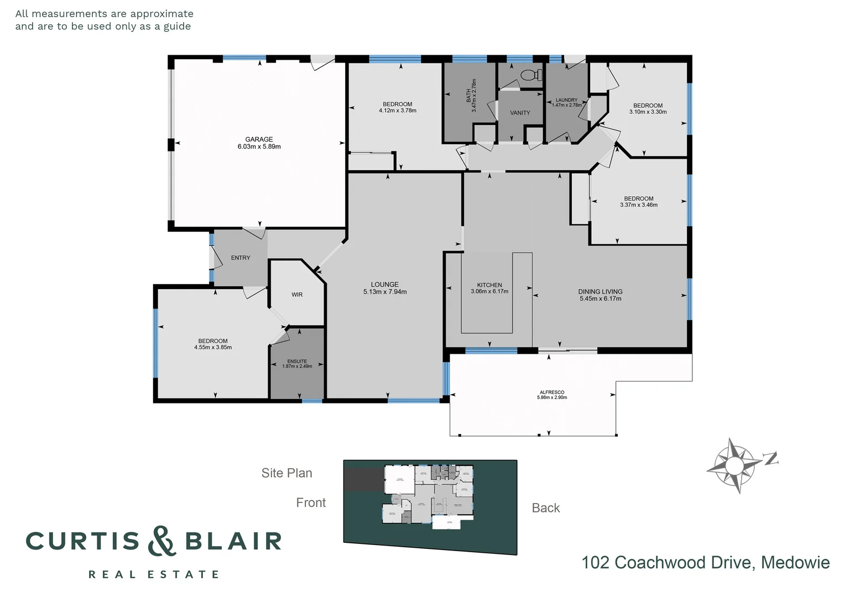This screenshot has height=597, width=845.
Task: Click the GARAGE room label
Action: (259, 139)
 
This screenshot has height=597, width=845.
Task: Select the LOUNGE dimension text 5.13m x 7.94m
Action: (384, 292)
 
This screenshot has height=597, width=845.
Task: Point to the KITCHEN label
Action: (489, 285)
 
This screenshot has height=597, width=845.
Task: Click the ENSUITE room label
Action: (297, 362)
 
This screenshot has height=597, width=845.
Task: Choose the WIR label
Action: (297, 295)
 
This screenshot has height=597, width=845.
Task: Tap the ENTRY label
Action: (241, 258)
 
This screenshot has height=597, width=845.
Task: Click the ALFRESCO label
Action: (551, 392)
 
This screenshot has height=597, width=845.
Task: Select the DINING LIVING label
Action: (600, 291)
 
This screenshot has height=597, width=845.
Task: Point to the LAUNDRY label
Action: (566, 100)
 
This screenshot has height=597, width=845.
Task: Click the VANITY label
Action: (520, 113)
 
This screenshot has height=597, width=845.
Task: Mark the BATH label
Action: (468, 96)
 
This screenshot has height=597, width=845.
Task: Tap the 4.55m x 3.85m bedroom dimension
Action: (213, 348)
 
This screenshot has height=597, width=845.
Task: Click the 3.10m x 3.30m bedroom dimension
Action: (648, 112)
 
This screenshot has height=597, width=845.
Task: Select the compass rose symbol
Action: (734, 464)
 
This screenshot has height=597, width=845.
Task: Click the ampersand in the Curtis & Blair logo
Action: (162, 541)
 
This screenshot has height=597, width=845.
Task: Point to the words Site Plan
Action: (286, 473)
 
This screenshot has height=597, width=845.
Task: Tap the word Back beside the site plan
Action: (545, 508)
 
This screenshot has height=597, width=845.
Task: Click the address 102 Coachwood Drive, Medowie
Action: (705, 563)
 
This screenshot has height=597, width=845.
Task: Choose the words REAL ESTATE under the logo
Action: (154, 575)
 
